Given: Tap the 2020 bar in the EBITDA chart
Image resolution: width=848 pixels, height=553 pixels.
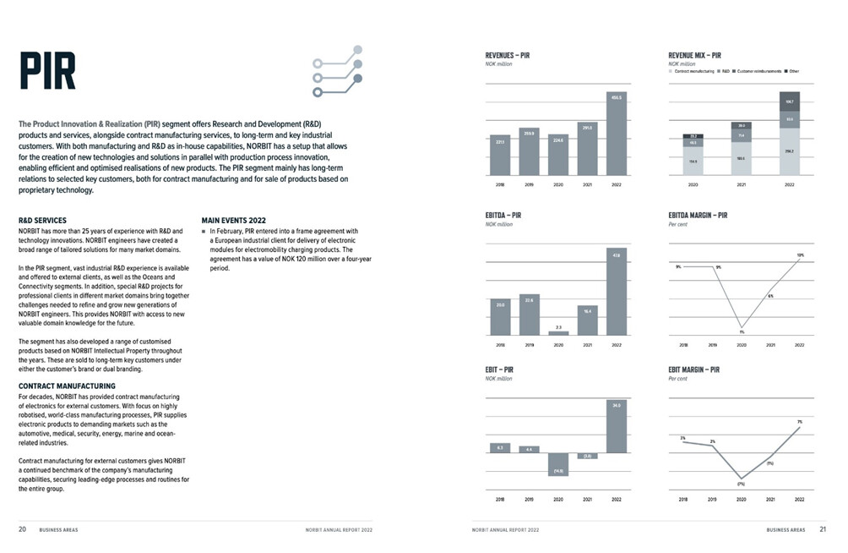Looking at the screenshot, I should click(x=558, y=333).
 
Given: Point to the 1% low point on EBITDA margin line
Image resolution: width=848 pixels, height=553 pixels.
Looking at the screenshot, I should click(x=742, y=327).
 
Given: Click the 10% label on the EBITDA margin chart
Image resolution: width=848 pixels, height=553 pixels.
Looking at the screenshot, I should click(x=800, y=255).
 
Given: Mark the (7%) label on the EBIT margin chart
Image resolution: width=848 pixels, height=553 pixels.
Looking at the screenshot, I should click(x=741, y=484).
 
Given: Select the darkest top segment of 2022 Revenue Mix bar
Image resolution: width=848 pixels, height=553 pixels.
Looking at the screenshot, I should click(x=790, y=101).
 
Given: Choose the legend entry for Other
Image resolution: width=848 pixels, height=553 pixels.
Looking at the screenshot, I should click(x=792, y=71).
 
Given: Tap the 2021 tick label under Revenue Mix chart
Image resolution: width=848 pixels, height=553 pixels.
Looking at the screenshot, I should click(x=742, y=183).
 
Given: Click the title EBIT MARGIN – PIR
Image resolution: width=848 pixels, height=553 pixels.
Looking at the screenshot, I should click(x=693, y=370).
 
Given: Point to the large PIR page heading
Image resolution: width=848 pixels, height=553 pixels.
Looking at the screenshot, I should click(x=48, y=71).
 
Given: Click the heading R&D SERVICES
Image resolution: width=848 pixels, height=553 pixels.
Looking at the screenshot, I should click(x=42, y=221).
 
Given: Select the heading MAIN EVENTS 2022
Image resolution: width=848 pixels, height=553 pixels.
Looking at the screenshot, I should click(x=234, y=221).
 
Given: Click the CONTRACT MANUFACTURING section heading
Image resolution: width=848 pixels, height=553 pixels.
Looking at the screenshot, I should click(x=67, y=386).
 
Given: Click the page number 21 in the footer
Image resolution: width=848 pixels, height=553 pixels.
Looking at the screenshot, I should click(x=823, y=529).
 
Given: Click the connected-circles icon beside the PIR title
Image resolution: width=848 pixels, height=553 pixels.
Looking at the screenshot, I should click(x=338, y=71).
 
